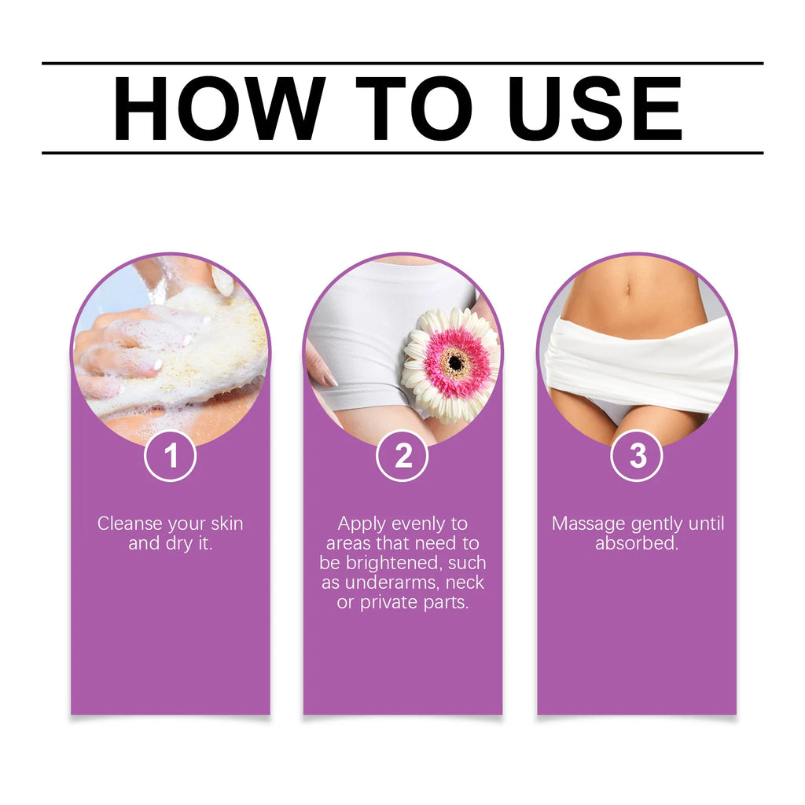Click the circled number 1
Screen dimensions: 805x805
[x=170, y=456]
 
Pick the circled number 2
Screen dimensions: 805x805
[x=402, y=456]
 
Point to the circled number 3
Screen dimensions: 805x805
[x=637, y=456]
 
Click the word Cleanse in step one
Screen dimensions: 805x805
[x=129, y=524]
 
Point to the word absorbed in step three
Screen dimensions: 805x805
[x=636, y=543]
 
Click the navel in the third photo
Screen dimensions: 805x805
[x=627, y=290]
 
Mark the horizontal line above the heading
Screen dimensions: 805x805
[x=402, y=63]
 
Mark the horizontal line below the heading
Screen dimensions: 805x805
[x=402, y=153]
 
